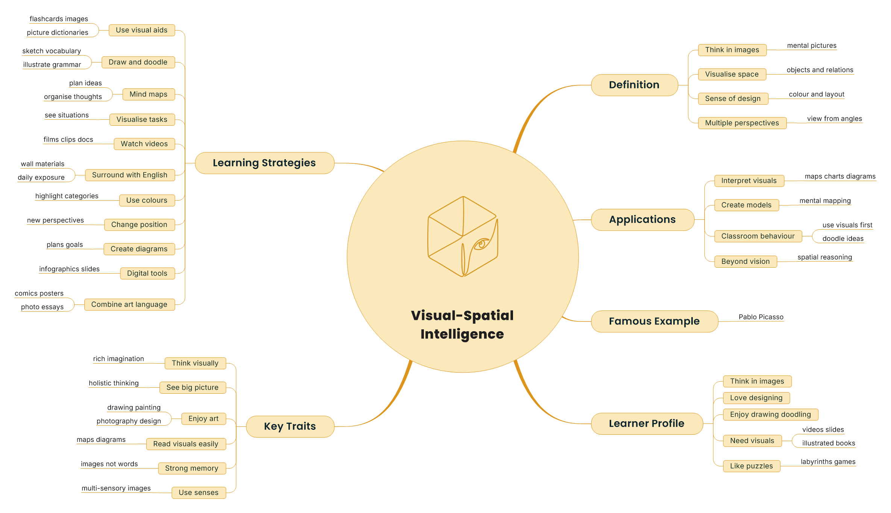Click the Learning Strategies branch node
click(x=264, y=163)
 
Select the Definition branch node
click(x=634, y=85)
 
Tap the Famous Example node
click(x=654, y=321)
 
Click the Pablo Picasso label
click(x=761, y=317)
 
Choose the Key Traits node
click(x=290, y=426)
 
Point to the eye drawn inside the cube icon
click(x=481, y=244)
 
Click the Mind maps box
click(x=149, y=94)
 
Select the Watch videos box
click(x=144, y=144)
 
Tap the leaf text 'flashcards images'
click(x=59, y=19)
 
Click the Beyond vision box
click(x=745, y=262)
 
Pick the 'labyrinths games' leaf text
click(x=828, y=462)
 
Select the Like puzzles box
click(x=751, y=466)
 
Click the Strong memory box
click(x=192, y=468)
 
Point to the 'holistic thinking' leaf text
click(x=114, y=383)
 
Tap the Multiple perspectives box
click(x=742, y=123)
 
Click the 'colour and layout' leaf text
click(x=817, y=94)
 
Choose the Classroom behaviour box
click(x=758, y=236)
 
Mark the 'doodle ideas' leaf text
click(x=843, y=239)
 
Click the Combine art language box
click(x=129, y=304)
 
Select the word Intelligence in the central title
click(x=462, y=334)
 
